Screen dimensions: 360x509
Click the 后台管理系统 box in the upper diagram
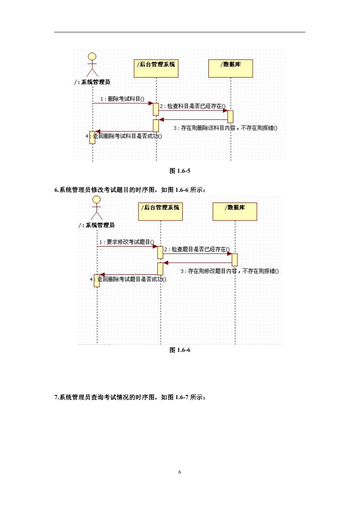(x=156, y=68)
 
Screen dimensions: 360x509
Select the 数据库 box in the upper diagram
(x=230, y=68)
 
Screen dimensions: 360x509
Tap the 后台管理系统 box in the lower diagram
(x=160, y=211)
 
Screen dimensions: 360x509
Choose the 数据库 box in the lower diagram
(x=235, y=211)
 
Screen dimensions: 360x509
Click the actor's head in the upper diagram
(x=92, y=56)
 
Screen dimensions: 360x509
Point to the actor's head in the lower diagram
(x=97, y=199)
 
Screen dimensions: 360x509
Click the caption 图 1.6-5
(x=180, y=171)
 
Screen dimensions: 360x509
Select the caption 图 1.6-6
(x=180, y=350)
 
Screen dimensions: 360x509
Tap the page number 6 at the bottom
(x=180, y=472)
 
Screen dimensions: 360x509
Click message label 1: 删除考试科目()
(x=122, y=99)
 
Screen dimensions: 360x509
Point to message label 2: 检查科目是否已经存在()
(x=193, y=106)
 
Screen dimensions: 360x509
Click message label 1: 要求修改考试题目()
(x=127, y=242)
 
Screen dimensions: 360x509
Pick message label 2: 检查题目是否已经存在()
(x=197, y=249)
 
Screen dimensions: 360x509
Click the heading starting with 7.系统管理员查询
(x=130, y=397)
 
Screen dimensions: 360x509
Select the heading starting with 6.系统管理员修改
(x=130, y=190)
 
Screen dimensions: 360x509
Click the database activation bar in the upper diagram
(x=230, y=116)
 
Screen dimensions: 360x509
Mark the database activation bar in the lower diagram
(x=234, y=260)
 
